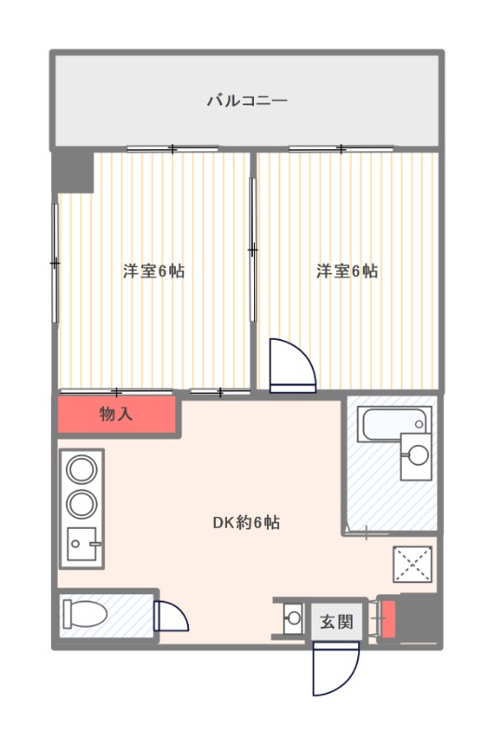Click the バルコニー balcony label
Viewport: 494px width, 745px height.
pyautogui.click(x=247, y=101)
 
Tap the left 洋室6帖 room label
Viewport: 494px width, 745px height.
pyautogui.click(x=154, y=271)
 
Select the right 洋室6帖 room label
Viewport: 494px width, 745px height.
pyautogui.click(x=347, y=271)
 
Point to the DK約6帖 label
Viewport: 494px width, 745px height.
pyautogui.click(x=247, y=522)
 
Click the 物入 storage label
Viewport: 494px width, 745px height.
pyautogui.click(x=115, y=413)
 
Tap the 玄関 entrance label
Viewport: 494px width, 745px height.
pyautogui.click(x=337, y=621)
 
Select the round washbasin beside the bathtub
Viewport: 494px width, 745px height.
pyautogui.click(x=418, y=455)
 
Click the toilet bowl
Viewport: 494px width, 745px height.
pyautogui.click(x=85, y=614)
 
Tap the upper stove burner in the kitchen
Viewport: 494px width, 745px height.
pyautogui.click(x=82, y=469)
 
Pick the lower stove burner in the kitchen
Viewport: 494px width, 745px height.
pyautogui.click(x=82, y=504)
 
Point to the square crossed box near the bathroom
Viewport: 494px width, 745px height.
pyautogui.click(x=412, y=564)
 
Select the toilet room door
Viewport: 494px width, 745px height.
pyautogui.click(x=171, y=616)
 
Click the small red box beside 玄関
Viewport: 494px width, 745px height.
pyautogui.click(x=389, y=619)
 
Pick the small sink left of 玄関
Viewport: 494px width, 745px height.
pyautogui.click(x=294, y=618)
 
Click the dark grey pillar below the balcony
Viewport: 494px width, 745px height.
pyautogui.click(x=73, y=170)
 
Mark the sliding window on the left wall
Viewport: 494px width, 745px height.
pyautogui.click(x=56, y=263)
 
